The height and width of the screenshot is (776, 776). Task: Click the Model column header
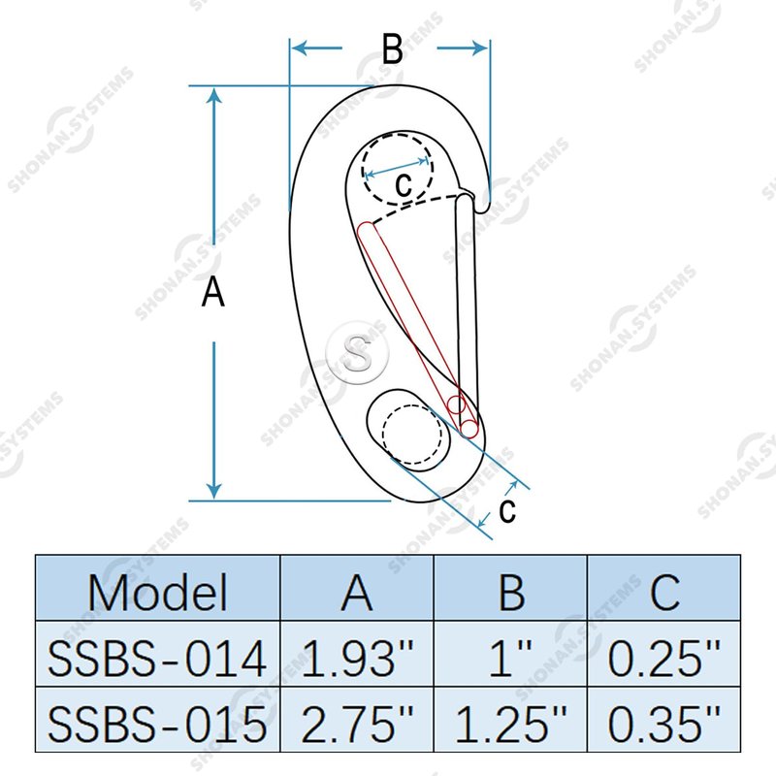coord(157,592)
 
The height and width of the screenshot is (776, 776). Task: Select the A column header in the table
coord(357,592)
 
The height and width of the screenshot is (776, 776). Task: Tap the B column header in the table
coord(511,592)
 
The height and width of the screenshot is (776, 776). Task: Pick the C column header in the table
coord(664,592)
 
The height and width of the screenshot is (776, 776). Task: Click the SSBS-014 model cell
coord(157,659)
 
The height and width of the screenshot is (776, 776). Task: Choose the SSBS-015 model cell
coord(157,724)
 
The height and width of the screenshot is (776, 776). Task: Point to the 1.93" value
coord(357,658)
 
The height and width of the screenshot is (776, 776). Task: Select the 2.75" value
coord(357,723)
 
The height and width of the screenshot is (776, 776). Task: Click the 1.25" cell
coord(511,723)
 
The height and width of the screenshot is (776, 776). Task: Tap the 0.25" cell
coord(664,658)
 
